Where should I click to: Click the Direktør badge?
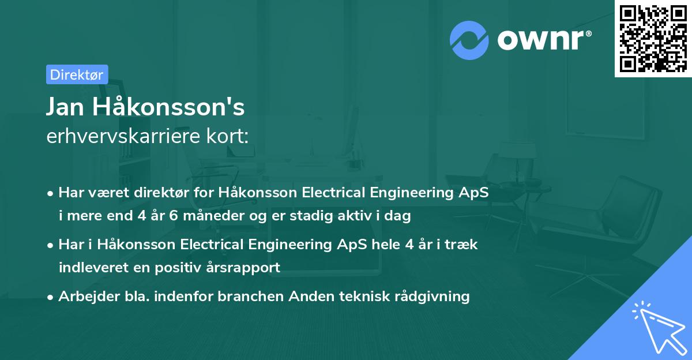(x=77, y=74)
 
